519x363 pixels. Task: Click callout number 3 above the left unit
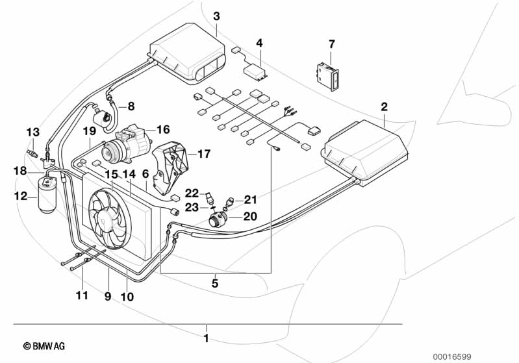pyautogui.click(x=216, y=16)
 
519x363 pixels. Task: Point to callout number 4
pyautogui.click(x=259, y=44)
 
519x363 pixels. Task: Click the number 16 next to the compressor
pyautogui.click(x=162, y=129)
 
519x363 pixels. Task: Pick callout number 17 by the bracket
pyautogui.click(x=204, y=154)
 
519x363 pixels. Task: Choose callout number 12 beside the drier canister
pyautogui.click(x=21, y=195)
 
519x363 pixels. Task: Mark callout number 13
pyautogui.click(x=32, y=132)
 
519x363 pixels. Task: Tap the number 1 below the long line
pyautogui.click(x=207, y=338)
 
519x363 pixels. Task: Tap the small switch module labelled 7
pyautogui.click(x=327, y=73)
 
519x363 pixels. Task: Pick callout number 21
pyautogui.click(x=251, y=199)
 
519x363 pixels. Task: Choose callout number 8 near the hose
pyautogui.click(x=131, y=106)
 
